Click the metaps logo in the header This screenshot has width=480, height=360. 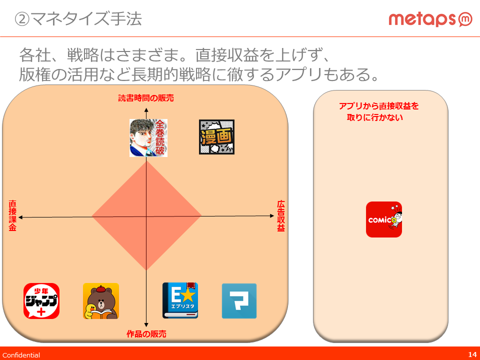(x=430, y=19)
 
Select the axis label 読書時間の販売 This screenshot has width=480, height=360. (x=146, y=98)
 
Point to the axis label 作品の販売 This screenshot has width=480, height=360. (x=146, y=333)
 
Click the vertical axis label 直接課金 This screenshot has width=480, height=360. (x=12, y=215)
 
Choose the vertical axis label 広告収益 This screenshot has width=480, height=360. (x=281, y=216)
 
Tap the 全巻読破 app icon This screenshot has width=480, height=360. (x=148, y=138)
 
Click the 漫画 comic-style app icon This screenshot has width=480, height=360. (x=216, y=137)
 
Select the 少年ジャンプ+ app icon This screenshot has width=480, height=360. (x=41, y=301)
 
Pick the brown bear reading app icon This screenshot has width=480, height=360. (x=101, y=301)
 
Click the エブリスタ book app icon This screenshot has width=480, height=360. (x=180, y=300)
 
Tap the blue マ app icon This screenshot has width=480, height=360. (x=239, y=301)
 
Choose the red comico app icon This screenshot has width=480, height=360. (x=384, y=219)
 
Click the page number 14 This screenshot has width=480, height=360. (x=472, y=354)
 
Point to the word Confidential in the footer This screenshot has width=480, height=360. (x=21, y=355)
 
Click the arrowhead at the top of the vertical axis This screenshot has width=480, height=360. (x=146, y=110)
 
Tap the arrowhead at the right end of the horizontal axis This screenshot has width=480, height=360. (x=272, y=216)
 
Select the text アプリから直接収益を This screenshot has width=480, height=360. (x=378, y=106)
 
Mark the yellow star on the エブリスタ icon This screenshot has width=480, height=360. (x=188, y=295)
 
